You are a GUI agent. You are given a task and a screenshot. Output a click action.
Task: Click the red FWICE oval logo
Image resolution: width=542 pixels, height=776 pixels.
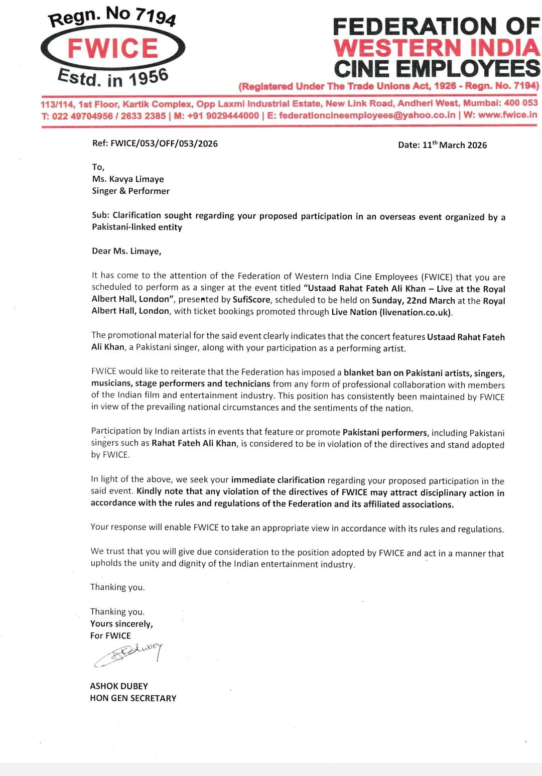coord(113,48)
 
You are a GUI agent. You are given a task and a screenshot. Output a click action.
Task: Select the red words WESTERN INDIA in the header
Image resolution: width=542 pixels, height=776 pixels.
coord(437,48)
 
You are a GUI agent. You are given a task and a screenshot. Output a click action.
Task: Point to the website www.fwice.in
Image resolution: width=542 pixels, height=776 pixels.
coord(507,115)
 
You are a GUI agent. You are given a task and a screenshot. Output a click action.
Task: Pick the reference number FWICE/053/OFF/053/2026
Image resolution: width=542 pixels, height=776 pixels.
coord(164,144)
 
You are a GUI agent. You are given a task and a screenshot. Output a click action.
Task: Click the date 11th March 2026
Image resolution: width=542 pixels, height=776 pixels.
coord(455,145)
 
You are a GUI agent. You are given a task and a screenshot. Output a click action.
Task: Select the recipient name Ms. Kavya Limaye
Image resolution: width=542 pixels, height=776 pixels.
coord(128,179)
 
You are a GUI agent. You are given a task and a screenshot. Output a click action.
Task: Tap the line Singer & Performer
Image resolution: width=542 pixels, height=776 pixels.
coord(131,191)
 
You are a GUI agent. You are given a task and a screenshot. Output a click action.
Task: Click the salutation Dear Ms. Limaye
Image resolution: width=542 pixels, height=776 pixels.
coord(126,251)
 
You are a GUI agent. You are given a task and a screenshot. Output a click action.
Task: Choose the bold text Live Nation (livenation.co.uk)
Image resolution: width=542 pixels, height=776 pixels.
coord(391,312)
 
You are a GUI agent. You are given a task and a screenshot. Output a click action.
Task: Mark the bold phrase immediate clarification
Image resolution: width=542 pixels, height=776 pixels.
coord(278,480)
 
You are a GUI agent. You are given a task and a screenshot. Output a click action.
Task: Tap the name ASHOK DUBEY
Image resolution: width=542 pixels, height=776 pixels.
coord(119,686)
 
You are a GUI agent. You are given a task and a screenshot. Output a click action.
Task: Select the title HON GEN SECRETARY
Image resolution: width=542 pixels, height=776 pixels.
coord(133,698)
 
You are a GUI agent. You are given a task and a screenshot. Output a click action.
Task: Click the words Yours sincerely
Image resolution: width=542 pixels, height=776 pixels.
coord(121,623)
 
